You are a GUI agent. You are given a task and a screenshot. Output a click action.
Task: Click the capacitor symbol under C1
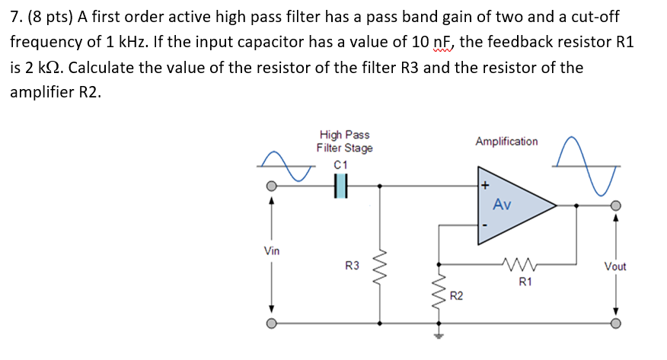click(340, 185)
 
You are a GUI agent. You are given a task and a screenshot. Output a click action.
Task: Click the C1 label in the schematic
click(340, 165)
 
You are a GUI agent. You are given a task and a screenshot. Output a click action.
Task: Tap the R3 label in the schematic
click(352, 266)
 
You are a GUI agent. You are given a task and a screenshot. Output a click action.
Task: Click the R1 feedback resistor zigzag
click(521, 265)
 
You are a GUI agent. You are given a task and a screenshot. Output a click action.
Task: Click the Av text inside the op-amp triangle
click(502, 204)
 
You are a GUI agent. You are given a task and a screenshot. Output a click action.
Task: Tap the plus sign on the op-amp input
click(483, 185)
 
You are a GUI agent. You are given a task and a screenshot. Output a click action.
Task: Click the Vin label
click(272, 250)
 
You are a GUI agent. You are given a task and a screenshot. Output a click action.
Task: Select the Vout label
click(615, 266)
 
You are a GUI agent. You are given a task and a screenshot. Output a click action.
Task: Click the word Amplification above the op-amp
click(506, 142)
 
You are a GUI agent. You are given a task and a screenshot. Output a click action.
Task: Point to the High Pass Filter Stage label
click(344, 142)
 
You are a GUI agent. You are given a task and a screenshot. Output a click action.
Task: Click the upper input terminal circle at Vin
click(271, 186)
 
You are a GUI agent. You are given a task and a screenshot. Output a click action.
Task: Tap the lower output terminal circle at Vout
click(616, 323)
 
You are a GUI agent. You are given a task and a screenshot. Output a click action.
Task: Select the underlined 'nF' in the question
click(438, 41)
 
